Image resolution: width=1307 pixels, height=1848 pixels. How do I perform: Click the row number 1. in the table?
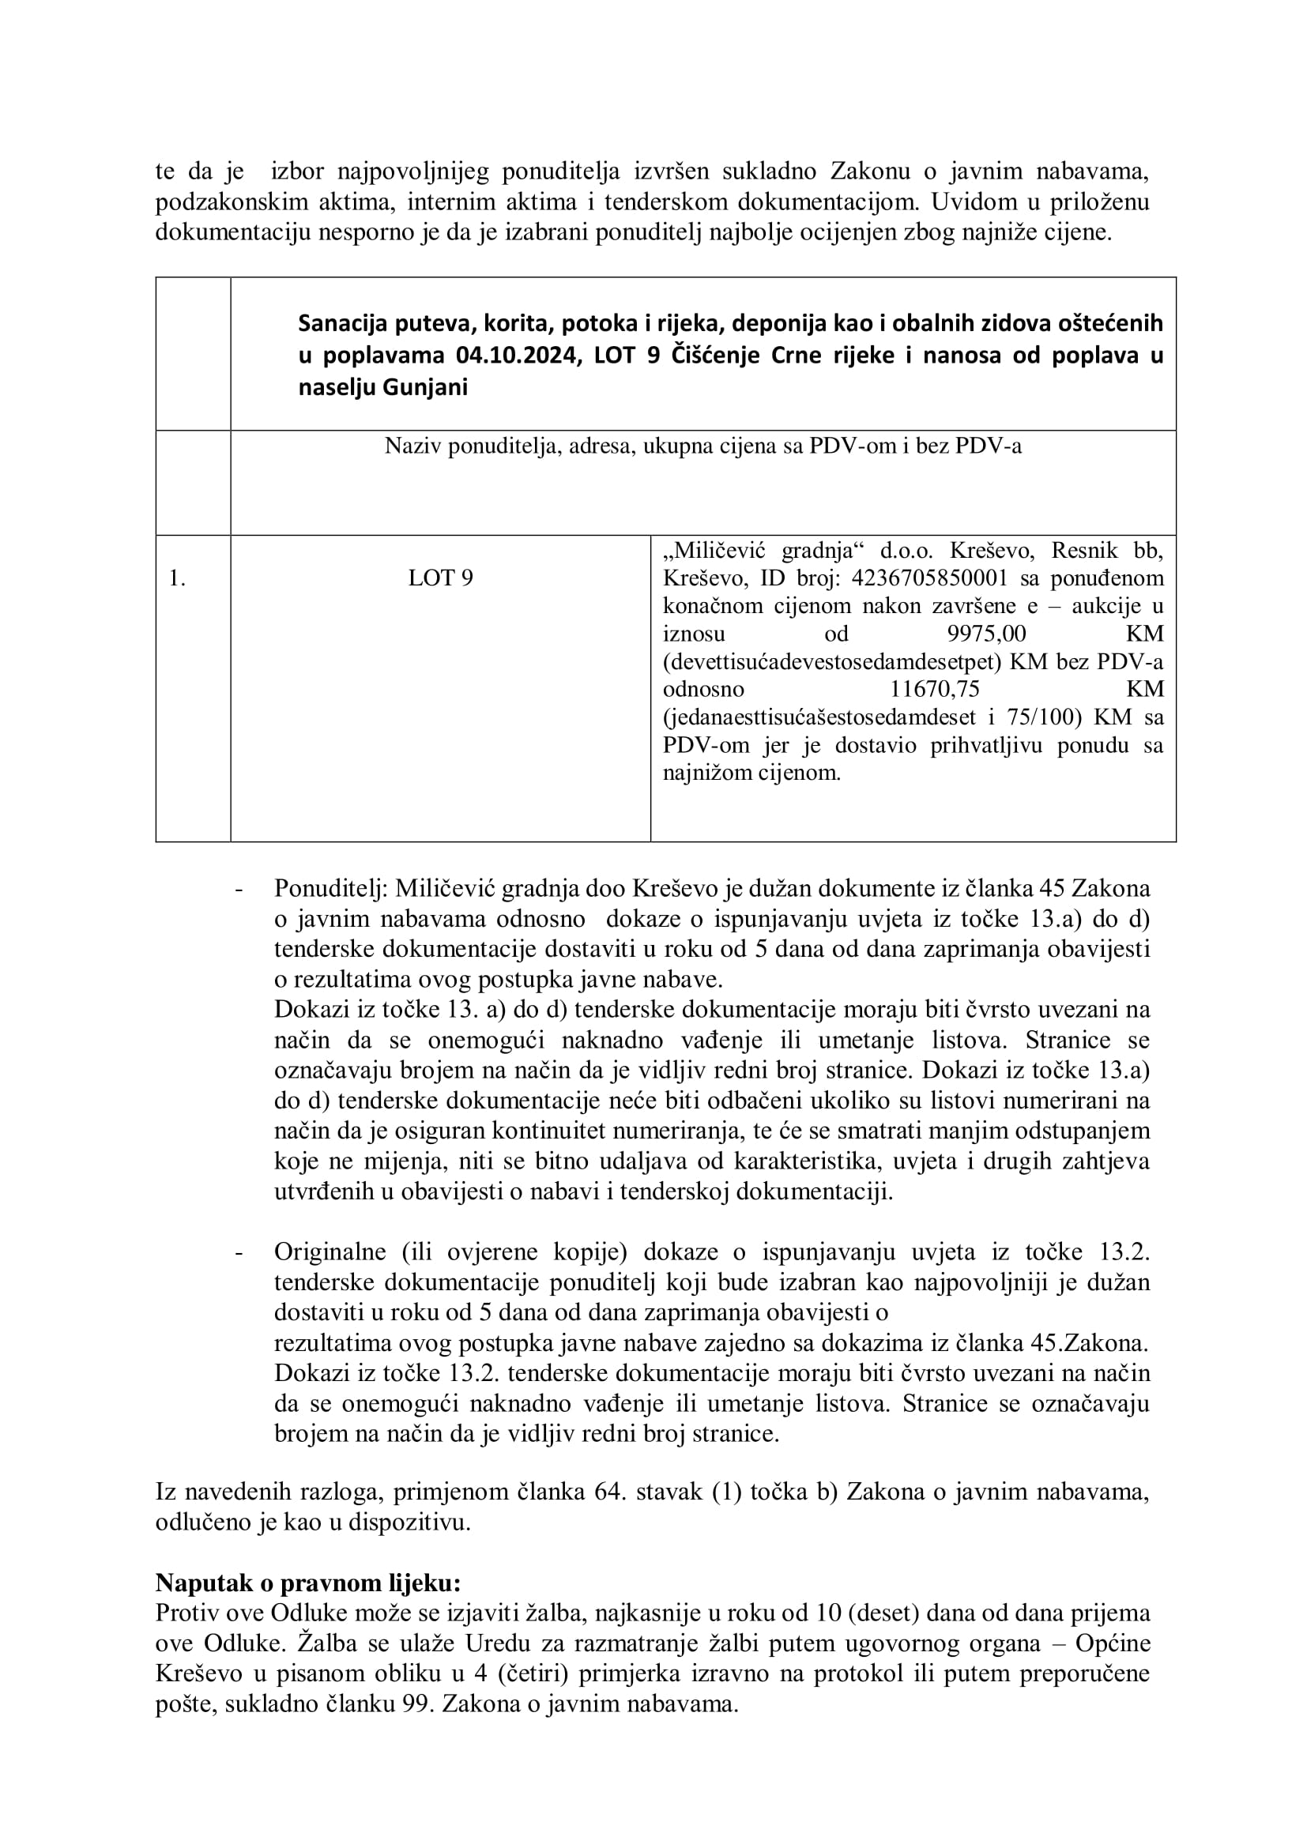[x=177, y=578]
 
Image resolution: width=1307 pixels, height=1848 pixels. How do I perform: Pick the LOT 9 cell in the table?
[x=440, y=578]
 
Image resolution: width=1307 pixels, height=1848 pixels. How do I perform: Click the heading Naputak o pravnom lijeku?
[x=308, y=1583]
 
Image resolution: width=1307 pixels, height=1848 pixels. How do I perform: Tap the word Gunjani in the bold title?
[x=425, y=387]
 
